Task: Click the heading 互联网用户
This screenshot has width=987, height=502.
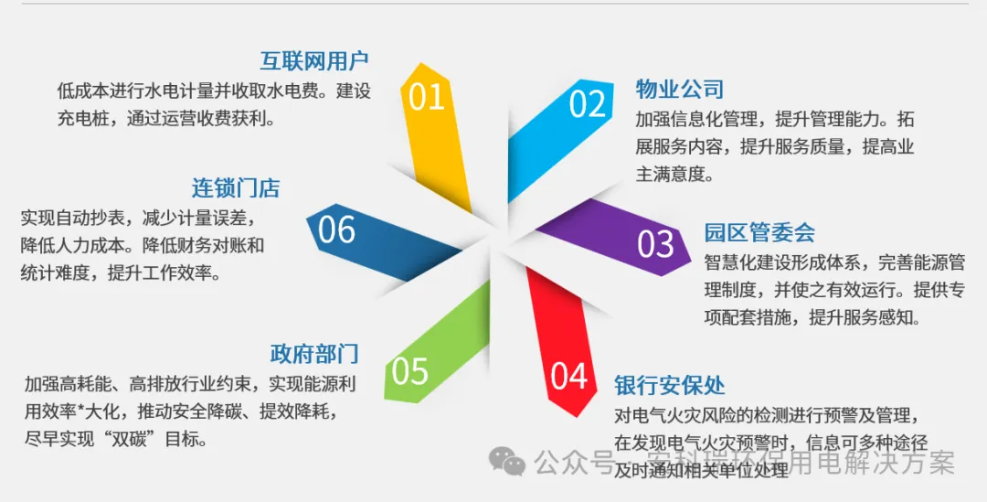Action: coord(314,61)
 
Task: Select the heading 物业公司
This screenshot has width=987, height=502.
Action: coord(680,89)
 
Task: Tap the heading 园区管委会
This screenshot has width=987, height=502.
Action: coord(759,232)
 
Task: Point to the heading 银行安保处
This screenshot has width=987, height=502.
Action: coord(670,383)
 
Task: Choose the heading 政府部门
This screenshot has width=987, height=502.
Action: coord(314,353)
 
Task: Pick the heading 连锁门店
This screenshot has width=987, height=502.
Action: coord(236,188)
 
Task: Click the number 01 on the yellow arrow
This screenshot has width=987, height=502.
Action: coord(427,97)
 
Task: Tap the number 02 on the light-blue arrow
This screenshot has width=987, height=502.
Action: coord(588,104)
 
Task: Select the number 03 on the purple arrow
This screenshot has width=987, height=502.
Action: coord(656,244)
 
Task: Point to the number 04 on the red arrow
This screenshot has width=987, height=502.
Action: coord(569,376)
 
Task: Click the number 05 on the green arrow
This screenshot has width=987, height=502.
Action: coord(409,370)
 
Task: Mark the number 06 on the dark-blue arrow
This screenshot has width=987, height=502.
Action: coord(336,230)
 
